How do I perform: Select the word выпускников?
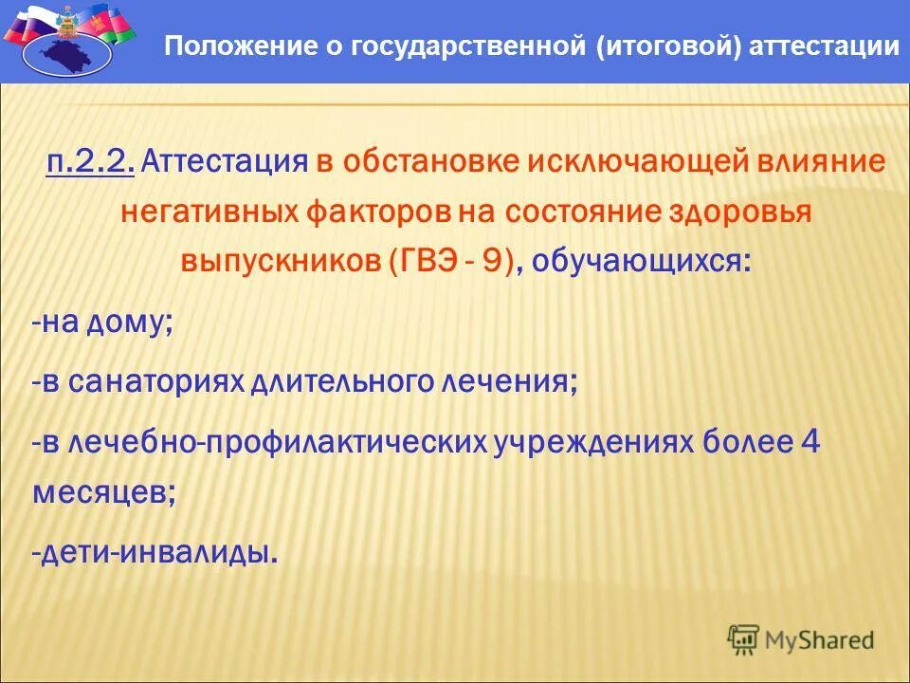[x=280, y=263]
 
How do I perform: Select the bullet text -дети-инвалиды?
[x=155, y=552]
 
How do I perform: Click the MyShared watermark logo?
[x=801, y=640]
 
